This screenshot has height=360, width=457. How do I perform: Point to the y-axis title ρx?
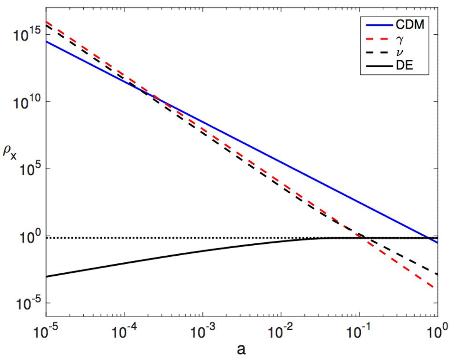coord(10,155)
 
